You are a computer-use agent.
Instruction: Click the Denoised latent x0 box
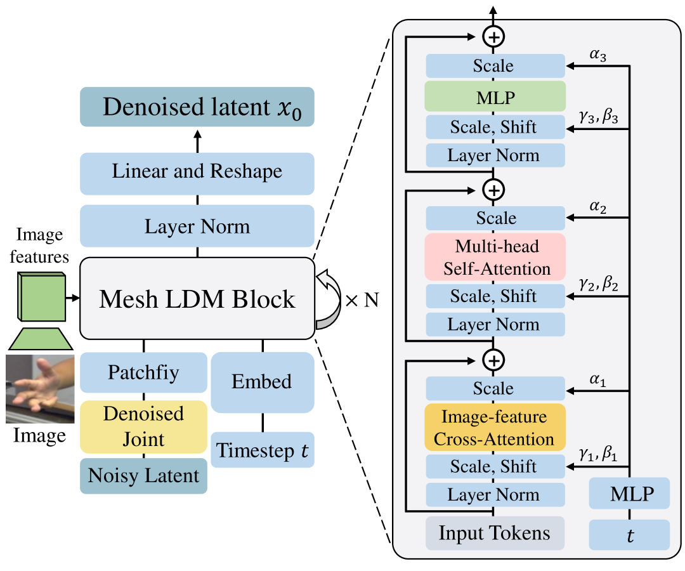(197, 106)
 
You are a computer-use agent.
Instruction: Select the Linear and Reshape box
(197, 173)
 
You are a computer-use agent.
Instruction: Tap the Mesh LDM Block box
(197, 298)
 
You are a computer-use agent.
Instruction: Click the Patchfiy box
(143, 372)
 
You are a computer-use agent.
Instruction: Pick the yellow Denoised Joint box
(143, 426)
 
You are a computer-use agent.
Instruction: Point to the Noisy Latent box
(143, 475)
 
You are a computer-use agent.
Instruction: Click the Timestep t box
(263, 450)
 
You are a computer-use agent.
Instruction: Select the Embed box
(263, 382)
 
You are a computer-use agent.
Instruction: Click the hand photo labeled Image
(40, 389)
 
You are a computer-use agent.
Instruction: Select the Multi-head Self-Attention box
(495, 257)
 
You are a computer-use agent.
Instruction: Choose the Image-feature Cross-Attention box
(495, 428)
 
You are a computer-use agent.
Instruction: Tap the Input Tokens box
(495, 534)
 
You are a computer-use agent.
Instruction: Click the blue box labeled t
(629, 535)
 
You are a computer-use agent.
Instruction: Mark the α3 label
(598, 55)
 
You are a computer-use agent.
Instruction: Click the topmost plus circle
(494, 37)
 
